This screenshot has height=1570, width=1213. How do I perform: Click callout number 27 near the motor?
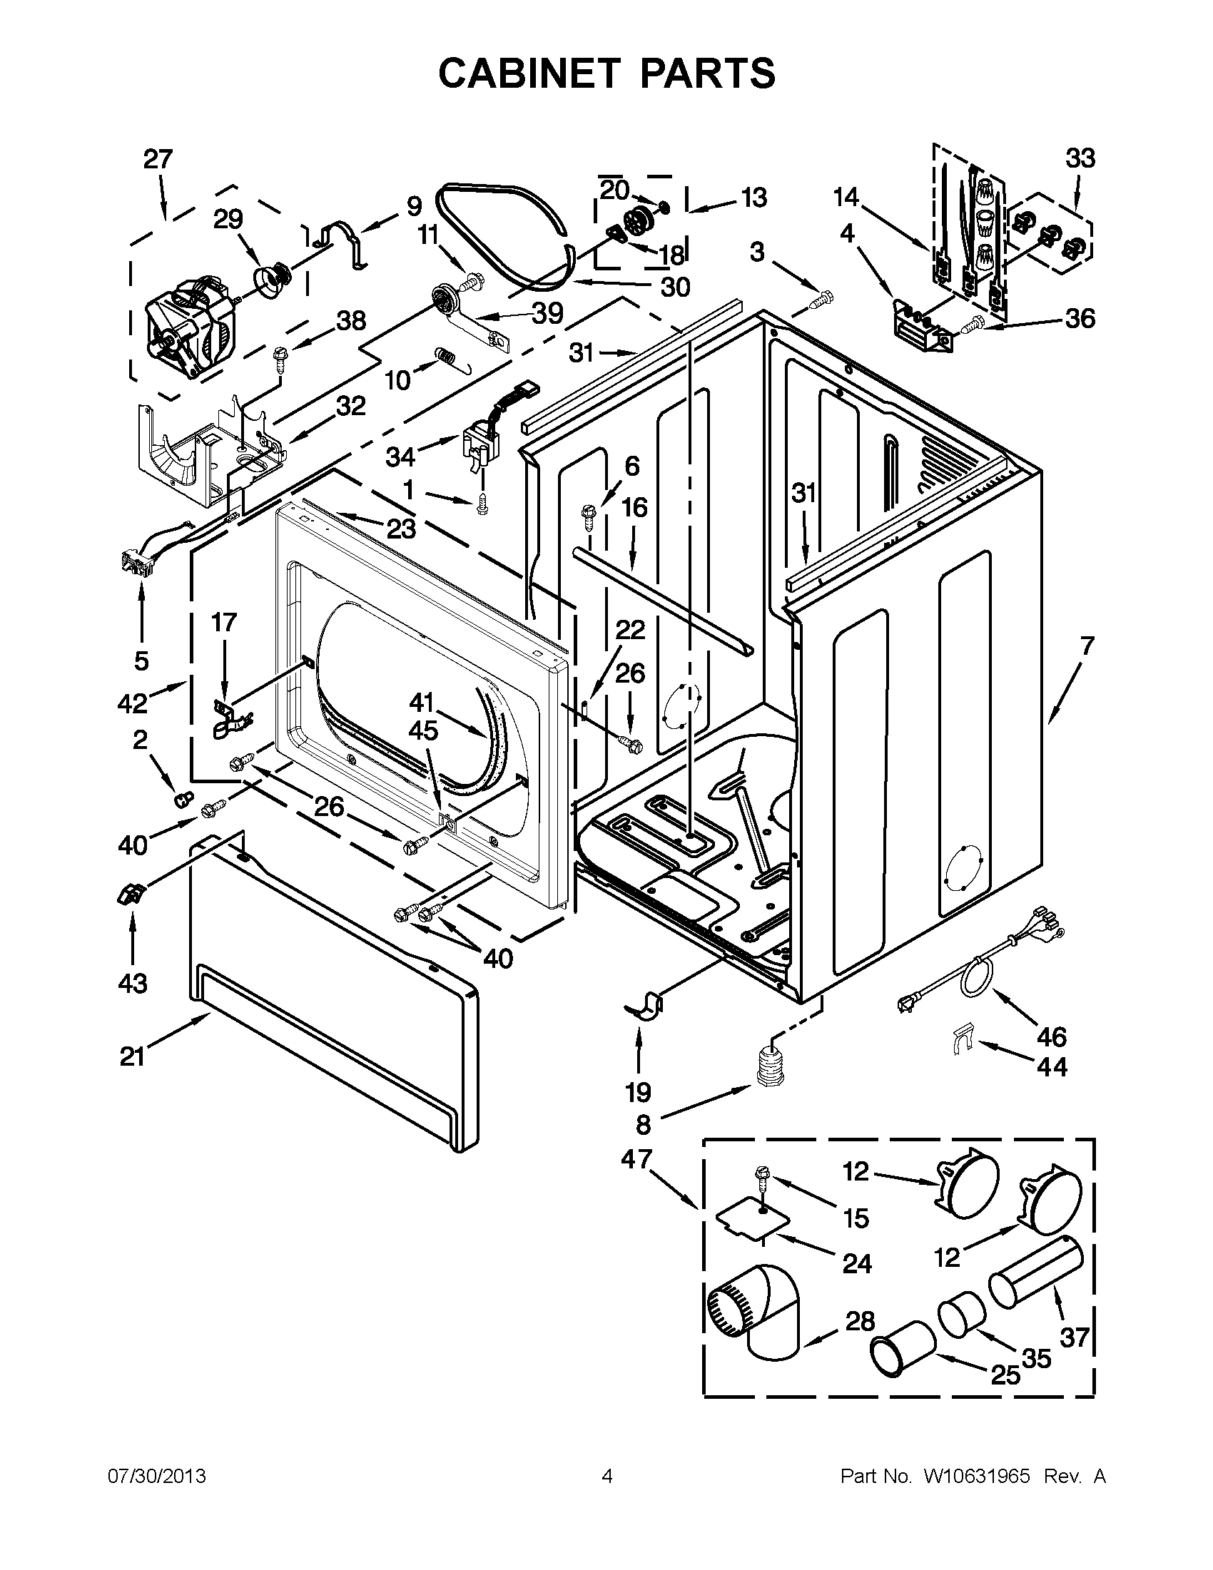point(158,159)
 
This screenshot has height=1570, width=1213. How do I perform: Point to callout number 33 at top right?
point(1080,159)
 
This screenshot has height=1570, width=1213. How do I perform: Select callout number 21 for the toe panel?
point(132,1056)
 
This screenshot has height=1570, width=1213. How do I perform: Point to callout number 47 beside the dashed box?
point(636,1160)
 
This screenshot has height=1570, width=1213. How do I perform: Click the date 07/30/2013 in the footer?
point(157,1477)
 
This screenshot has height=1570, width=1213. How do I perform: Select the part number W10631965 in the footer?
point(975,1477)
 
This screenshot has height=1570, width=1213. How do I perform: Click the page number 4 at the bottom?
point(607,1477)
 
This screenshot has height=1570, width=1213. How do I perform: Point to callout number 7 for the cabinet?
point(1087,646)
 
